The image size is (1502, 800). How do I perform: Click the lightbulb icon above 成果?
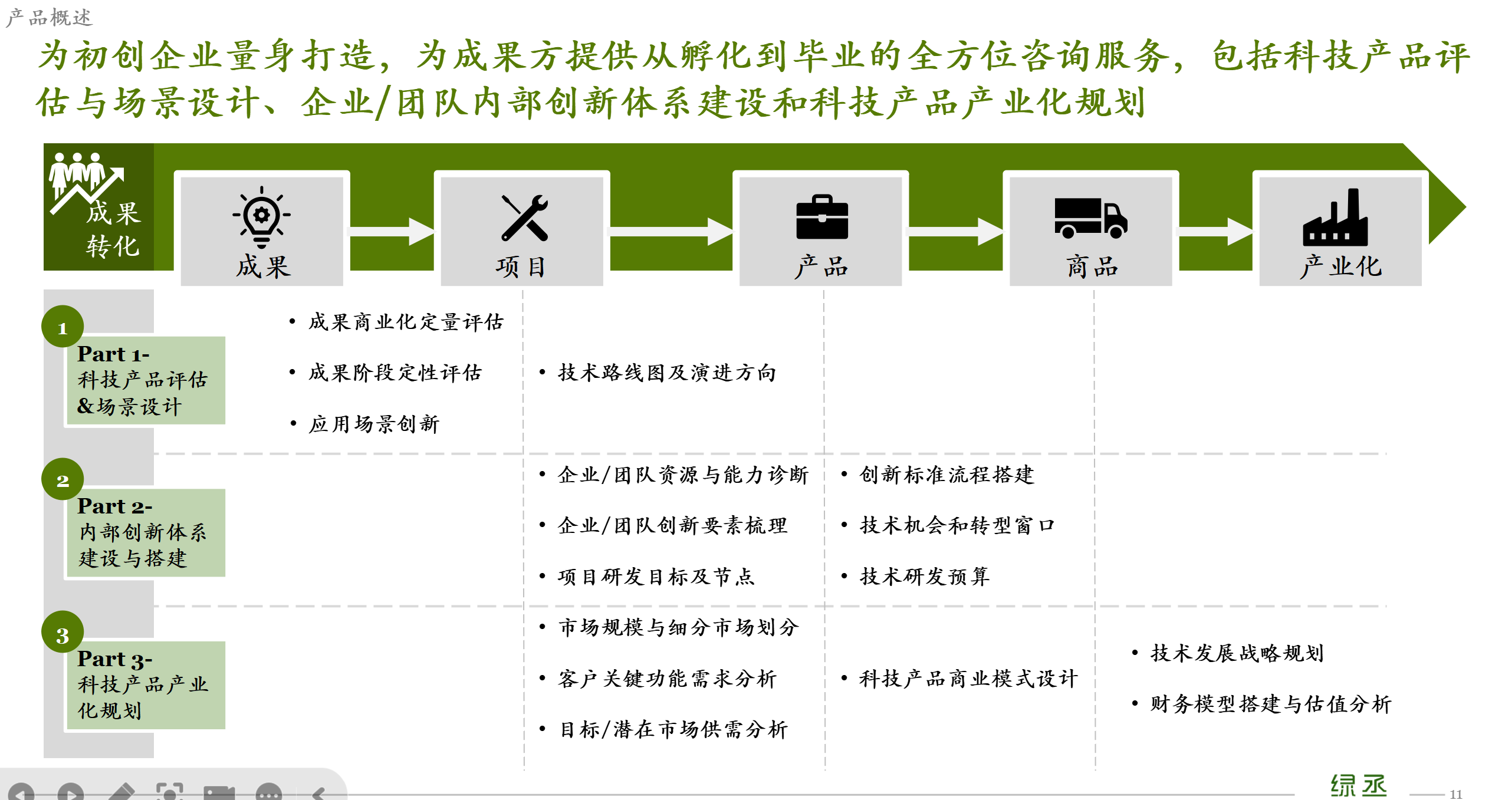[261, 217]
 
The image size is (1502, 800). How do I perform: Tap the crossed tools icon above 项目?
[524, 218]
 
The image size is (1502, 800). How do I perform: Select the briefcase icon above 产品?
[821, 217]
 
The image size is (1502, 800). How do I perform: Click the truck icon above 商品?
[1090, 218]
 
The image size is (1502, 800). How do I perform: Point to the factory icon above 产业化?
[1335, 217]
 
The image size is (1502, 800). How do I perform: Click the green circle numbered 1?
[63, 327]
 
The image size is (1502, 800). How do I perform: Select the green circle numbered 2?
[63, 479]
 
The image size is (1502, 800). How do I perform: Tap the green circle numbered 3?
[63, 632]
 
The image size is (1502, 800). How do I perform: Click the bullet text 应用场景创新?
[374, 424]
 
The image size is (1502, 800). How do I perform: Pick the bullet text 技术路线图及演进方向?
[667, 373]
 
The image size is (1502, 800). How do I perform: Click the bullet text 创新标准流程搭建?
[946, 475]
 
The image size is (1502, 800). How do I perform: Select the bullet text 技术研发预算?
[924, 576]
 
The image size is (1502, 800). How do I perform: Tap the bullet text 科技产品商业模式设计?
[968, 679]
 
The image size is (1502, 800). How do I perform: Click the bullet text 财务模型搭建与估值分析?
[1271, 704]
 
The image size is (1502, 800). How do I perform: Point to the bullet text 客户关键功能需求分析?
[667, 679]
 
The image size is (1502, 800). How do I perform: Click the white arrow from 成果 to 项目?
[392, 232]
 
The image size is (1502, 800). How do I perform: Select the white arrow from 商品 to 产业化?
[1215, 232]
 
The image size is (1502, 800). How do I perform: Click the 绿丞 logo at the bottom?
[1359, 786]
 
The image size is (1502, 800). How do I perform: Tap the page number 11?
[1455, 794]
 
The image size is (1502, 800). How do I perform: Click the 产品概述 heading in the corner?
[49, 18]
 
